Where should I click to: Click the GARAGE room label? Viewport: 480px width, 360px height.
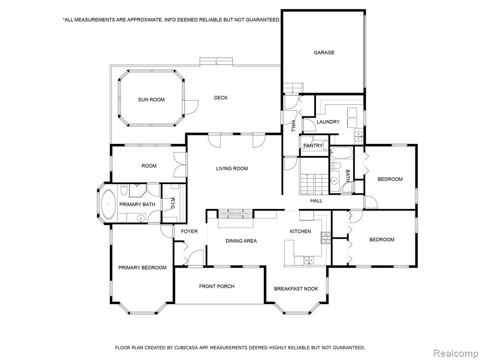(x=324, y=52)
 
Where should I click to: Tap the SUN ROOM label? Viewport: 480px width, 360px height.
(x=151, y=99)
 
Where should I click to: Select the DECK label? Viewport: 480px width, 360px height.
(x=221, y=97)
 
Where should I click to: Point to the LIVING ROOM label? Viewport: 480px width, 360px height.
(x=232, y=168)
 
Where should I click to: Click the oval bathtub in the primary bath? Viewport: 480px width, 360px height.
(x=108, y=204)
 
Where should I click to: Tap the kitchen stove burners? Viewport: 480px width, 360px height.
(x=326, y=238)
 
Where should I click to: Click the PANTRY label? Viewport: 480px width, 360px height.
(x=313, y=146)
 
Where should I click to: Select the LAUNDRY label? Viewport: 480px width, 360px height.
(x=328, y=122)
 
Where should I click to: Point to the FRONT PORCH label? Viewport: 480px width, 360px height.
(x=217, y=286)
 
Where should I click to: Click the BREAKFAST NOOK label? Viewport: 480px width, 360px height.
(x=296, y=289)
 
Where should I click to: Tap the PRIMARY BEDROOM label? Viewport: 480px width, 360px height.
(x=142, y=268)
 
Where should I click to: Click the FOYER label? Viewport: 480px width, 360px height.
(x=189, y=232)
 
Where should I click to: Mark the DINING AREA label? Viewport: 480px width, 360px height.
(x=241, y=241)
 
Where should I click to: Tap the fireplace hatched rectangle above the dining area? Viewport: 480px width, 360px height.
(x=235, y=214)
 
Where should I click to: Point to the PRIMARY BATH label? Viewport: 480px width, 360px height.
(x=137, y=204)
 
